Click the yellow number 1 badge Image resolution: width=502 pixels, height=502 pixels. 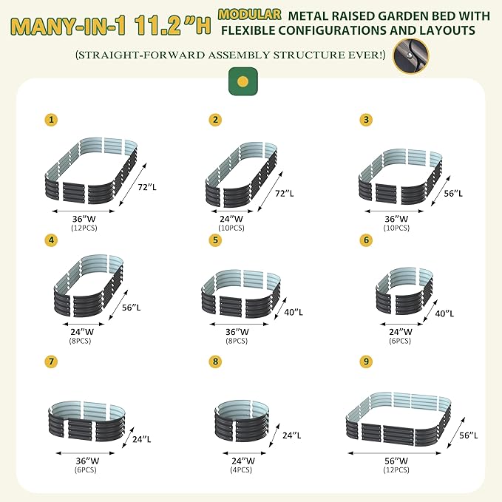pos(51,119)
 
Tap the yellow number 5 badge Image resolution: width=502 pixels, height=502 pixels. pos(215,240)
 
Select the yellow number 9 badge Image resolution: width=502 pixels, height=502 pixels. pos(365,362)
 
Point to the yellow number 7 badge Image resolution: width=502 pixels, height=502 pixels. pos(51,362)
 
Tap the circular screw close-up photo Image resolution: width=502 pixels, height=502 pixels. pos(410,57)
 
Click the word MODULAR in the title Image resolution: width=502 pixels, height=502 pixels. pos(250,14)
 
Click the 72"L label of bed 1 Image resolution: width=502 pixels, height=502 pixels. pos(148,188)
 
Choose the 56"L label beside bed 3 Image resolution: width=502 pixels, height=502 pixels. pos(453,192)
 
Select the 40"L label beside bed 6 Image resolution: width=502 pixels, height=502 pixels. pos(444,313)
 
